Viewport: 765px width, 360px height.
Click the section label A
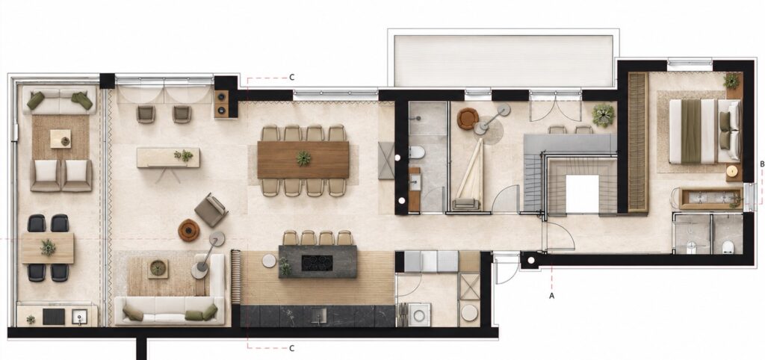(552, 296)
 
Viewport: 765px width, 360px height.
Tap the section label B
(761, 164)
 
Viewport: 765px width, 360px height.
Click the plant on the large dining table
(303, 158)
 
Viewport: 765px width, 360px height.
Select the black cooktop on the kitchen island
(317, 263)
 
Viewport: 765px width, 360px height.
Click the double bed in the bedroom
(704, 131)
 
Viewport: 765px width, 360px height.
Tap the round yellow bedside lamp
(732, 171)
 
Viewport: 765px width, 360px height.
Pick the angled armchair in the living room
(211, 210)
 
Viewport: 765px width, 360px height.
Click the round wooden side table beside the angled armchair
(189, 230)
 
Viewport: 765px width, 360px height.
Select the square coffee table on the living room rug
(158, 268)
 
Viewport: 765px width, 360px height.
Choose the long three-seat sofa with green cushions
(170, 310)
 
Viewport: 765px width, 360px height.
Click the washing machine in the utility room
(418, 314)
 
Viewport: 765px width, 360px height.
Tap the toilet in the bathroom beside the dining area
(416, 152)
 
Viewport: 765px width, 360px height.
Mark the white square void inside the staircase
(582, 193)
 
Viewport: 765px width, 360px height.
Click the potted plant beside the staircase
(604, 115)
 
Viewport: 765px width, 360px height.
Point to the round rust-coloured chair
(468, 119)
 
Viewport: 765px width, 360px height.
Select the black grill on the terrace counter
(54, 317)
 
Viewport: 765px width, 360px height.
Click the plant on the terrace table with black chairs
(48, 247)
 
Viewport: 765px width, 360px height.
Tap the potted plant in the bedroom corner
(731, 81)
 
